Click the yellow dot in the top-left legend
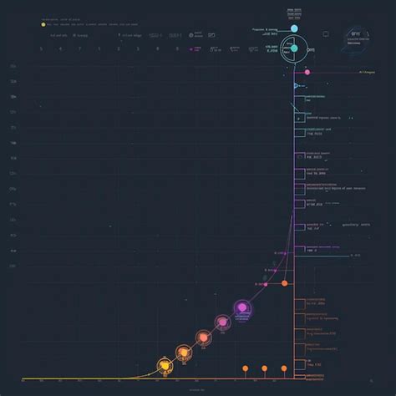pyautogui.click(x=43, y=25)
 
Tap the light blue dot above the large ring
pyautogui.click(x=293, y=28)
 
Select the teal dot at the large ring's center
pyautogui.click(x=293, y=48)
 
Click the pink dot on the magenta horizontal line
pyautogui.click(x=307, y=72)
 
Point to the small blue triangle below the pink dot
pyautogui.click(x=294, y=84)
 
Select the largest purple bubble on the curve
pyautogui.click(x=243, y=312)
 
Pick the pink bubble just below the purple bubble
pyautogui.click(x=223, y=322)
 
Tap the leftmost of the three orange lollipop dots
pyautogui.click(x=245, y=368)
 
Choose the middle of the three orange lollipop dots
pyautogui.click(x=264, y=368)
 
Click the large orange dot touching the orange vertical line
pyautogui.click(x=285, y=283)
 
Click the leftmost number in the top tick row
pyautogui.click(x=40, y=48)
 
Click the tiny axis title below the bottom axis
pyautogui.click(x=198, y=389)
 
